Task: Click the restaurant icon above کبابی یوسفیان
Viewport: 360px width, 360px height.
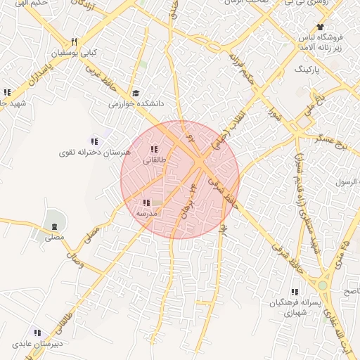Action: pyautogui.click(x=75, y=41)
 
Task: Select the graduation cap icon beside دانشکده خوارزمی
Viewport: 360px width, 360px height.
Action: pyautogui.click(x=135, y=92)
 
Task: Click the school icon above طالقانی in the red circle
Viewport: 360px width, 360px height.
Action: pyautogui.click(x=154, y=149)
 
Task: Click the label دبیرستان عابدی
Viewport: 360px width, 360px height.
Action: pyautogui.click(x=37, y=343)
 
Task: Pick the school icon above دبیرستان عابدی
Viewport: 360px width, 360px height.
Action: pyautogui.click(x=37, y=332)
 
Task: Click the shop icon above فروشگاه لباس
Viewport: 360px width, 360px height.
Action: pyautogui.click(x=320, y=27)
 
